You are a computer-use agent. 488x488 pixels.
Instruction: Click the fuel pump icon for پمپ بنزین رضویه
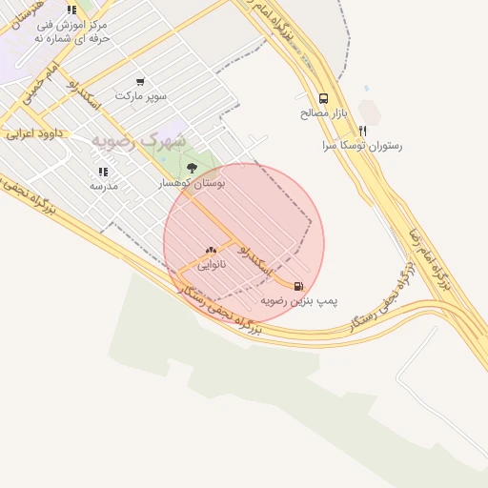(x=299, y=286)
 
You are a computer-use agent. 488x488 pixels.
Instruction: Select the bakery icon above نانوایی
(x=211, y=251)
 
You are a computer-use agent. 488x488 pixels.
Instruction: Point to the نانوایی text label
(x=212, y=265)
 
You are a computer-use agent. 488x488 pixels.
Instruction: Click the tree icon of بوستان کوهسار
(x=193, y=168)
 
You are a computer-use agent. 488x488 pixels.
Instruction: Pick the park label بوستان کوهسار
(x=194, y=183)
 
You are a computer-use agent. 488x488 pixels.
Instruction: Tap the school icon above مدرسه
(x=103, y=173)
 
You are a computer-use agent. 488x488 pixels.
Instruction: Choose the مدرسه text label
(x=103, y=187)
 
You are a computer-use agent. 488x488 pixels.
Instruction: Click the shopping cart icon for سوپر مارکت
(x=141, y=82)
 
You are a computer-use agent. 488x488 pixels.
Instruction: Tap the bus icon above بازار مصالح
(x=323, y=98)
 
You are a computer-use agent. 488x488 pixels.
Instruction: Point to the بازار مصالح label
(x=323, y=112)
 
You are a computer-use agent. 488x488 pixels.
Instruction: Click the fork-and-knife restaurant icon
(x=362, y=132)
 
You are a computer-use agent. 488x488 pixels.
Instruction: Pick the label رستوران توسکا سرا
(x=362, y=147)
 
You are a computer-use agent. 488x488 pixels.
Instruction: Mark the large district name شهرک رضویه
(x=139, y=141)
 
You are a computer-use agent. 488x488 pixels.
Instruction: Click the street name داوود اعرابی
(x=33, y=134)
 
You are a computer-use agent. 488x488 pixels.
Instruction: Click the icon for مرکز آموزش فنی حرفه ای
(x=72, y=10)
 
